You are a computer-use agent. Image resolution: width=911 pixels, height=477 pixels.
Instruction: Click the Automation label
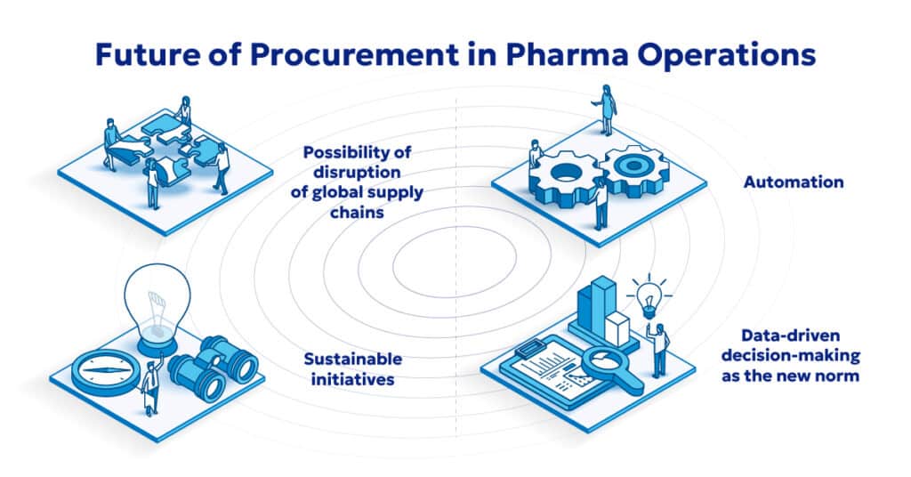[794, 182]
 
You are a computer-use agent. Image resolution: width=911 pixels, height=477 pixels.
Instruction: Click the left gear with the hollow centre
[561, 176]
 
